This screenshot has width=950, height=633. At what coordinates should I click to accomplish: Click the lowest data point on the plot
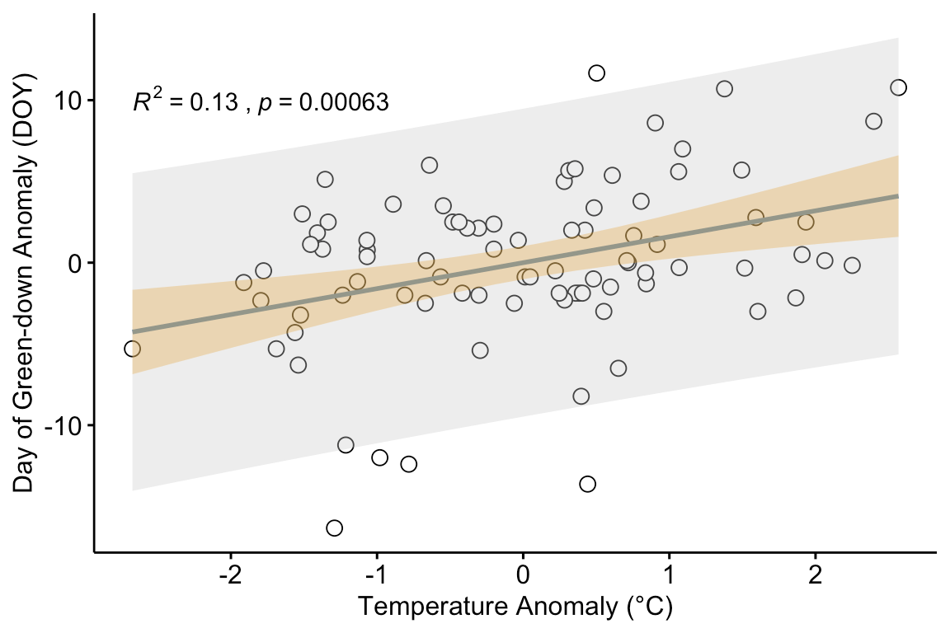[334, 527]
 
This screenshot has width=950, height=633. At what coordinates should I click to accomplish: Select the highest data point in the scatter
[596, 73]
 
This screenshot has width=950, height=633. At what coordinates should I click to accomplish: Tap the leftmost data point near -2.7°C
[132, 349]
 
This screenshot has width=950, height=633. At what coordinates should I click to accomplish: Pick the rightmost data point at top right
[898, 87]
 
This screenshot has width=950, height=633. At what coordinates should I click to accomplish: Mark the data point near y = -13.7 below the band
[587, 484]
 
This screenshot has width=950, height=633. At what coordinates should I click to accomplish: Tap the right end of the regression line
[897, 196]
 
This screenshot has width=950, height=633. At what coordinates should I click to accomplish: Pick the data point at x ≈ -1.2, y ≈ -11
[346, 445]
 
